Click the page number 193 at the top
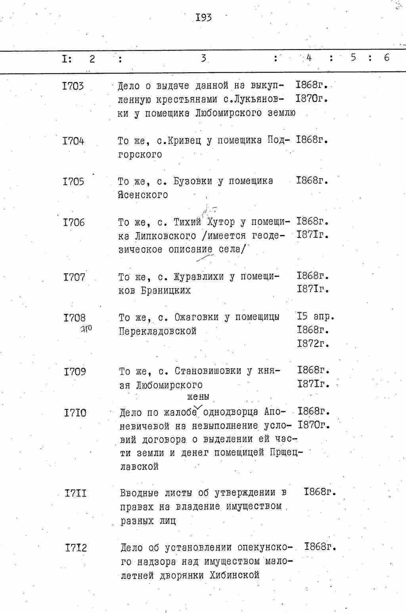click(x=203, y=17)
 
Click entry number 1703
click(x=73, y=86)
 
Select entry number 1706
click(x=74, y=223)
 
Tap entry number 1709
click(x=75, y=372)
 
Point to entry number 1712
click(x=76, y=548)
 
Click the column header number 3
click(x=203, y=58)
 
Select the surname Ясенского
click(x=143, y=195)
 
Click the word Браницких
click(x=166, y=290)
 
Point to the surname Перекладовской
click(x=158, y=331)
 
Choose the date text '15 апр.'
click(x=316, y=317)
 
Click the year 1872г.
click(x=313, y=343)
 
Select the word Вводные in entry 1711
click(x=139, y=493)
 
